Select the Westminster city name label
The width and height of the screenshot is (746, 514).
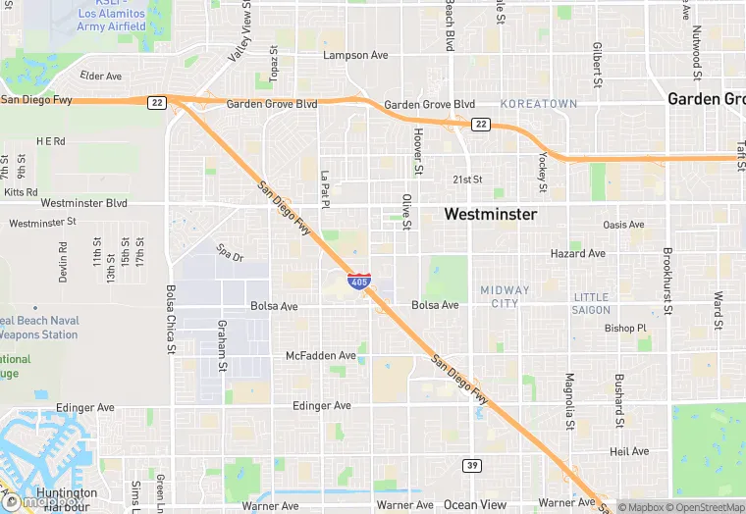491,214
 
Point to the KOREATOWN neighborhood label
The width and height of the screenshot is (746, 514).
539,103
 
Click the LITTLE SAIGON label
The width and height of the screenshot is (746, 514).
591,303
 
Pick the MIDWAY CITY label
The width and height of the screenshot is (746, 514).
505,296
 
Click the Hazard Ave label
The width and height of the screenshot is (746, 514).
578,253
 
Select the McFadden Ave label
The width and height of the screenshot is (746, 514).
321,355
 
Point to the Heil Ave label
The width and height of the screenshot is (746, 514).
629,451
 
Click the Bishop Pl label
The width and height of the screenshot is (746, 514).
626,329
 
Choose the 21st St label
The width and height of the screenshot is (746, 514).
467,180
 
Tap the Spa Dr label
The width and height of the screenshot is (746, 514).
230,253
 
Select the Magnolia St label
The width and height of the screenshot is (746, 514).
568,401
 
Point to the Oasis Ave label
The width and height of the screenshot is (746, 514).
623,225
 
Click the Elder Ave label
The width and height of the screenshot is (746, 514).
101,76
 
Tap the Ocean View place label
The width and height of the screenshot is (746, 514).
475,505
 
